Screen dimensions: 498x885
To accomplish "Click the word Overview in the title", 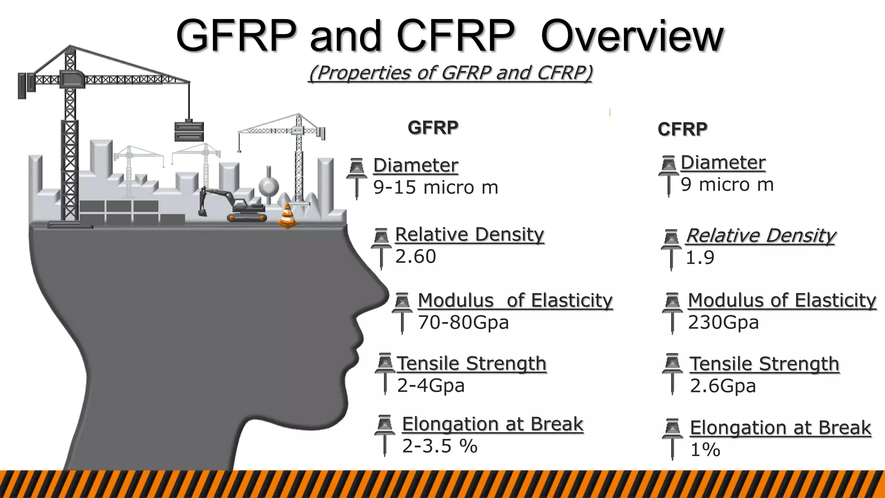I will pos(632,36).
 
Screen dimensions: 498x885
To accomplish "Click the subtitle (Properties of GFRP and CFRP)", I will pos(450,73).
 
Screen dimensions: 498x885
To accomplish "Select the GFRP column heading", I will pos(433,128).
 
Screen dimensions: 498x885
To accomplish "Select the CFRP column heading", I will pos(682,129).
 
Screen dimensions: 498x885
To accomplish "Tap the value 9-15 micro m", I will pos(436,188).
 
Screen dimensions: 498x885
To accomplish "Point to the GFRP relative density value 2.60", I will pos(416,257).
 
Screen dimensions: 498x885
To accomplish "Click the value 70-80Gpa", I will pos(463,322).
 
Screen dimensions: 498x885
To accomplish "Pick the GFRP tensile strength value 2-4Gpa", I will pos(430,386).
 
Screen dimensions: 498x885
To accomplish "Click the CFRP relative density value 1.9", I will pos(700,258).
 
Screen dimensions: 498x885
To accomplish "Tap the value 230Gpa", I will pos(723,322).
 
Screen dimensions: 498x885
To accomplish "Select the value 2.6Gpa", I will pos(723,386).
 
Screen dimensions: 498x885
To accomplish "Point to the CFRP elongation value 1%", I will pos(705,450).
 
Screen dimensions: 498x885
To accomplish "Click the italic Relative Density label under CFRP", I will pos(761,236).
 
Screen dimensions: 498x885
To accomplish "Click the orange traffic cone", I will pos(287,217).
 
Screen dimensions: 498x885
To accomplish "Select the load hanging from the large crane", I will pos(189,131).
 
